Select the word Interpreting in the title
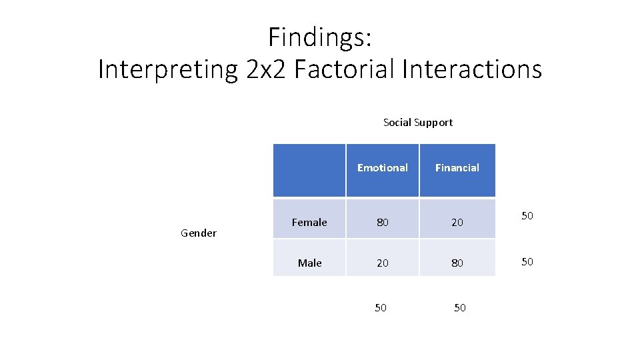pyautogui.click(x=167, y=69)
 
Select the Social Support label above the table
pyautogui.click(x=418, y=123)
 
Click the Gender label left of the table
pyautogui.click(x=199, y=233)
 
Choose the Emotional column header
pyautogui.click(x=382, y=168)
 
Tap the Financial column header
pyautogui.click(x=457, y=168)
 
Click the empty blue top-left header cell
pyautogui.click(x=309, y=170)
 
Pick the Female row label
pyautogui.click(x=309, y=223)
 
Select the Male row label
pyautogui.click(x=309, y=263)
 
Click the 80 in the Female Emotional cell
pyautogui.click(x=382, y=223)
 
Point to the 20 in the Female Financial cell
pyautogui.click(x=457, y=223)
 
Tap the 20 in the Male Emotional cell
pyautogui.click(x=382, y=263)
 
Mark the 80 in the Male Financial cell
pyautogui.click(x=457, y=263)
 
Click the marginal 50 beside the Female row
pyautogui.click(x=527, y=216)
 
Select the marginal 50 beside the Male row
pyautogui.click(x=527, y=262)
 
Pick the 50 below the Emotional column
pyautogui.click(x=381, y=307)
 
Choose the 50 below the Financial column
pyautogui.click(x=459, y=307)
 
